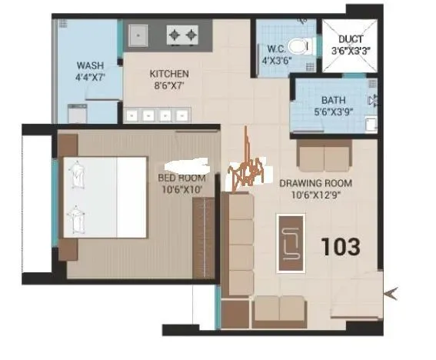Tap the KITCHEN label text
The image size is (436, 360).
(x=169, y=74)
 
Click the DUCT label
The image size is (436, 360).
(x=350, y=38)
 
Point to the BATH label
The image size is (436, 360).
(x=333, y=100)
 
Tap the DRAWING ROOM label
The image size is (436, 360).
(x=315, y=183)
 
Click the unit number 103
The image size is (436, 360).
(x=340, y=248)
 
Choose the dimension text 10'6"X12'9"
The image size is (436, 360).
(x=315, y=195)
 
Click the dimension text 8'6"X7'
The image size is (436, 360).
(x=169, y=86)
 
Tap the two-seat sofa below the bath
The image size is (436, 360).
(x=324, y=158)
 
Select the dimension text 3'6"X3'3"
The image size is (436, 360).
(x=350, y=51)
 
